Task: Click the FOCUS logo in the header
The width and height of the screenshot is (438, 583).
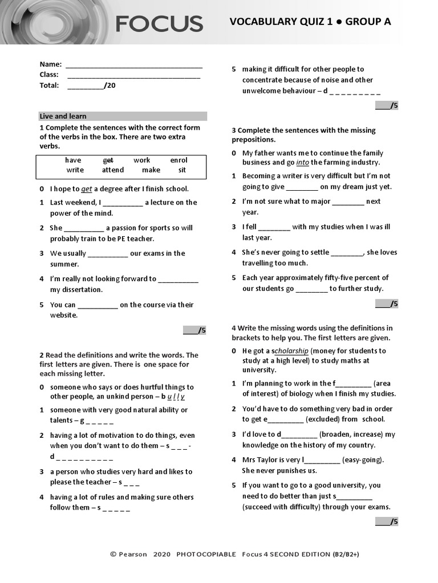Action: point(159,24)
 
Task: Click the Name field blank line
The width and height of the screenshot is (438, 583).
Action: point(134,66)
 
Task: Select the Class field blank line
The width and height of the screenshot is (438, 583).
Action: point(133,76)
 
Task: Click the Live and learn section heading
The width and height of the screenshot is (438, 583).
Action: point(63,116)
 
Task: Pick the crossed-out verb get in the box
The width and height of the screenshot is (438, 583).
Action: point(108,160)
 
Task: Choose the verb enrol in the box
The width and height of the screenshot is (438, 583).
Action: point(179,160)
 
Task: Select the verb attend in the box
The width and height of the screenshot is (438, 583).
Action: point(113,170)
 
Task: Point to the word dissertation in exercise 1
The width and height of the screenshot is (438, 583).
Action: point(83,289)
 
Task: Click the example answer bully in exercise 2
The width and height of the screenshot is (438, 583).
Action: point(173,396)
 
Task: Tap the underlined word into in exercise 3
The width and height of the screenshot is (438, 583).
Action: point(302,162)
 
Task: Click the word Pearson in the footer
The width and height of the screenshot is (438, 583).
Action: point(133,554)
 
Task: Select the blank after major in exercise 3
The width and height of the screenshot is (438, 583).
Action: point(347,202)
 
